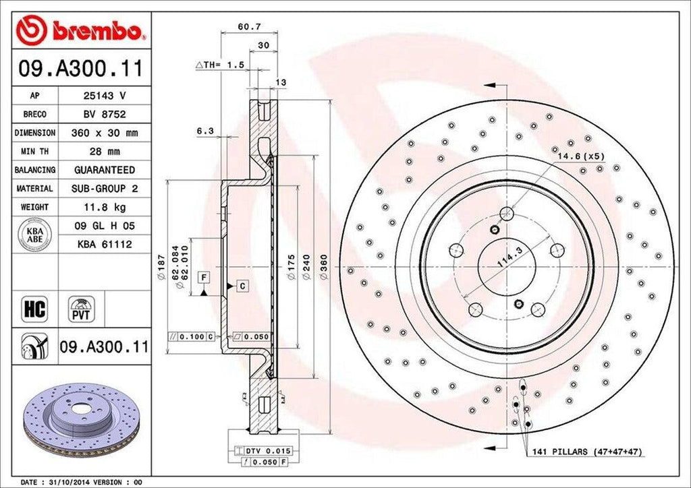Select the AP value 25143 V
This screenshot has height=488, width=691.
point(104,96)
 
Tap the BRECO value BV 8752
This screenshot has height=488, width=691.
point(104,115)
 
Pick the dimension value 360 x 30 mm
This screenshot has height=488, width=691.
point(104,133)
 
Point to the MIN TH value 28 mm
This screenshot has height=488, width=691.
point(104,152)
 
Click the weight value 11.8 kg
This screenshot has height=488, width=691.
point(104,207)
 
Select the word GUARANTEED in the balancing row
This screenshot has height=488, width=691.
point(104,170)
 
